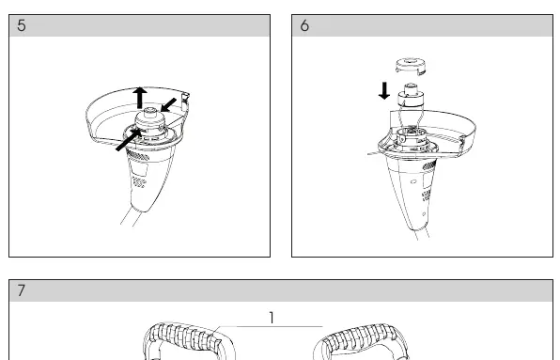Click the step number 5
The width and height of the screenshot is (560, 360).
tap(22, 25)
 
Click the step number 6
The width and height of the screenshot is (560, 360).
tap(304, 25)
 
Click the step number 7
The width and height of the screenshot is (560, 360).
tap(22, 290)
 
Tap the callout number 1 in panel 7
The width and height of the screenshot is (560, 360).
tap(272, 318)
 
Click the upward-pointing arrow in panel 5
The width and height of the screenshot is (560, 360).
tap(140, 98)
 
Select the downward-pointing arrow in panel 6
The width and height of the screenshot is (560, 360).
tap(384, 91)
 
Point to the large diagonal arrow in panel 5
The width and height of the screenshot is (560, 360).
tap(129, 140)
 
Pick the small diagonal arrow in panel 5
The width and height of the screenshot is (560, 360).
tap(168, 105)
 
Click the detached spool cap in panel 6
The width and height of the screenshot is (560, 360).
tap(411, 67)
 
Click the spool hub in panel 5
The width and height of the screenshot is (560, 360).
tap(151, 123)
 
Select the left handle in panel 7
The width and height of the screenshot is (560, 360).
tap(189, 340)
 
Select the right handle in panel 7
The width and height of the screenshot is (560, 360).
tap(361, 341)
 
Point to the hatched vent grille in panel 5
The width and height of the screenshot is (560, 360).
tap(137, 155)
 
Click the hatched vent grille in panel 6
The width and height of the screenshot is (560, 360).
tap(429, 164)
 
